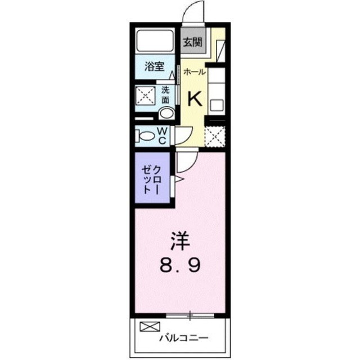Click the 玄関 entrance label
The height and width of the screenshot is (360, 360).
[192, 42]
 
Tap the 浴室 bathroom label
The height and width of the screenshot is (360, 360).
[155, 66]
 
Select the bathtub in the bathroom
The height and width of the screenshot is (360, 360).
[155, 40]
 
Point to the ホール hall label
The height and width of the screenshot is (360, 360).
[194, 72]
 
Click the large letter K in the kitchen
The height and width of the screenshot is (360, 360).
[195, 99]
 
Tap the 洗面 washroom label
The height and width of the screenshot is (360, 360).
[165, 95]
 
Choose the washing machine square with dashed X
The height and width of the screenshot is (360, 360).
[146, 96]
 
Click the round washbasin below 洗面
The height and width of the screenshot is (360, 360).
[167, 114]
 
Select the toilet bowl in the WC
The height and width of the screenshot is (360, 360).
[145, 136]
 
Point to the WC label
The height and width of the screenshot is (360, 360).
[162, 136]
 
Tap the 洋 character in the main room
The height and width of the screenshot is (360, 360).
[180, 241]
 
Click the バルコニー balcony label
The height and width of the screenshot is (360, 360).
[184, 337]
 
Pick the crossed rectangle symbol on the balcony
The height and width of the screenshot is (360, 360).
[150, 326]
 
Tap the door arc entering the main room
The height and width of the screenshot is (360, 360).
[191, 165]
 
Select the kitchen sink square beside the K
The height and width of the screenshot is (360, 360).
[217, 105]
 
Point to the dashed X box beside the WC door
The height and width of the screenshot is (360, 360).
[215, 137]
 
